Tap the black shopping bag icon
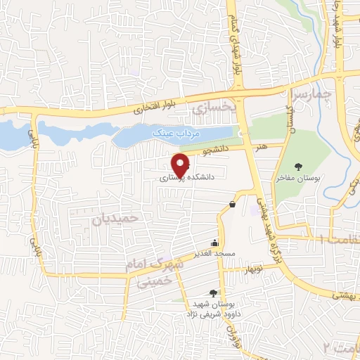pos(232,205)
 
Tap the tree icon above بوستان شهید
pos(213,293)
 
